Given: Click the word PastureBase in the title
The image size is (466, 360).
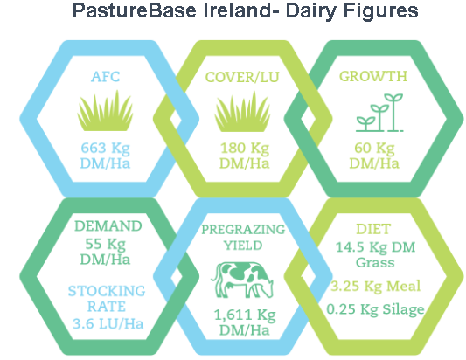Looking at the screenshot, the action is click(x=135, y=10).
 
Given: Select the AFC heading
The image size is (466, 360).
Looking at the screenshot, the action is click(x=106, y=77).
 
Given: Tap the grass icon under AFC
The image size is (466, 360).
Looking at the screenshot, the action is click(x=105, y=110).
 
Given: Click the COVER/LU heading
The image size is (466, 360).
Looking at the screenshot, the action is click(x=242, y=77).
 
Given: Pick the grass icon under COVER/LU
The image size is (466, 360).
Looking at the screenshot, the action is click(x=242, y=111).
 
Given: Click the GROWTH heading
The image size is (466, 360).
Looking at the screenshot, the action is click(x=373, y=76).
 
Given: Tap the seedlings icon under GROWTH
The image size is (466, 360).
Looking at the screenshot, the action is click(x=379, y=112).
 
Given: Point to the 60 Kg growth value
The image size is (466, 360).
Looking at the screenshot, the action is click(x=374, y=148).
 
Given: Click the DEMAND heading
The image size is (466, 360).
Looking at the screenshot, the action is click(x=108, y=226).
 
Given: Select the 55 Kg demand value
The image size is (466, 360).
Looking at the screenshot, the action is click(x=106, y=244).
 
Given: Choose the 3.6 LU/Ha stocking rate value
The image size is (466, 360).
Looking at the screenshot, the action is click(x=108, y=324).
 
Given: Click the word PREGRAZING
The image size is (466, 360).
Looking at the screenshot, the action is click(x=243, y=229).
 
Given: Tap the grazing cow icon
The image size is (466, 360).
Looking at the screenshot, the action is click(x=242, y=280).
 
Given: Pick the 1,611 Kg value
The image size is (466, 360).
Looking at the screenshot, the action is click(x=245, y=315).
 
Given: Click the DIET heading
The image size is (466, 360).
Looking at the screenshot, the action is click(x=373, y=229).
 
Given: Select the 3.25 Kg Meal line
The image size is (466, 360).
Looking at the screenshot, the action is click(x=376, y=286).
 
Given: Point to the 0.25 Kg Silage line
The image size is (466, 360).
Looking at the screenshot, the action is click(x=375, y=309).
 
